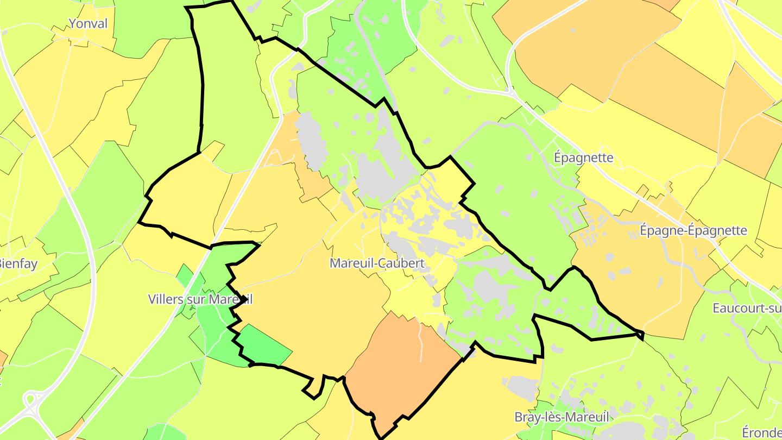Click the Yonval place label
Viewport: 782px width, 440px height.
click(88, 23)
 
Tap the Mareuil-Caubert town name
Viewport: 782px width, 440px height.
click(377, 263)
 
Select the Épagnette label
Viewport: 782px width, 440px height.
click(583, 158)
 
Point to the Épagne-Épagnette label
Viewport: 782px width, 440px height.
click(693, 230)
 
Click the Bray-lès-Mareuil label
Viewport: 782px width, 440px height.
click(562, 417)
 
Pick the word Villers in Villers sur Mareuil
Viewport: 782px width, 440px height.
click(166, 299)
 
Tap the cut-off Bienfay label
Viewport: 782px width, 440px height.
click(18, 265)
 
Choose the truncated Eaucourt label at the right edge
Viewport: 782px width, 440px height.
click(747, 309)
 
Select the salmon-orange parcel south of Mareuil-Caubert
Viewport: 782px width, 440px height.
click(402, 369)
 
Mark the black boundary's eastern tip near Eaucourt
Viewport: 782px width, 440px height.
click(642, 335)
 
